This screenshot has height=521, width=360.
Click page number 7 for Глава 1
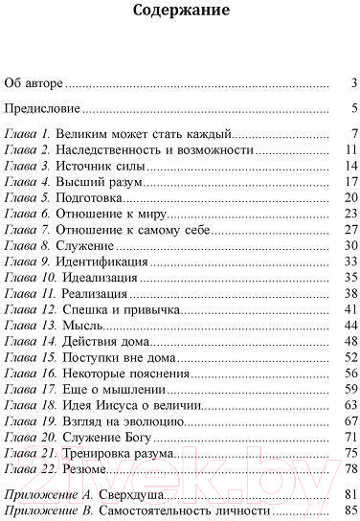tap(353, 134)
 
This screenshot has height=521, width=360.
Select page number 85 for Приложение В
tap(349, 508)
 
